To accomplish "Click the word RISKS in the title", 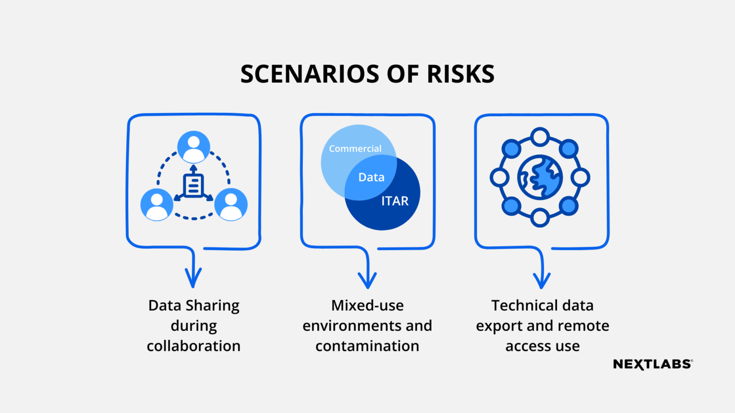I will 460,74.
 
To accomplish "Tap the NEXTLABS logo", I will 653,364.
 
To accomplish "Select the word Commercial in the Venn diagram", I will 355,149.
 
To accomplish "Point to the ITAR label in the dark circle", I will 395,201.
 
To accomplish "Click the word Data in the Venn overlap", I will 371,177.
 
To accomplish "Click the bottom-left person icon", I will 156,204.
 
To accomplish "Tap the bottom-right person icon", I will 231,204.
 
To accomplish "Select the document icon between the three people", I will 194,185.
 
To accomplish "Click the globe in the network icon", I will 540,177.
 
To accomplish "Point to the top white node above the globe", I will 540,137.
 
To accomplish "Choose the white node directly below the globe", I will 540,217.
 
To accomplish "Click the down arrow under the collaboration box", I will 193,276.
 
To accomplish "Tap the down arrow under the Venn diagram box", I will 367,277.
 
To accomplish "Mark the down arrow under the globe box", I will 542,277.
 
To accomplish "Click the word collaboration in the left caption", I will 194,346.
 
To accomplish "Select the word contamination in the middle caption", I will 367,346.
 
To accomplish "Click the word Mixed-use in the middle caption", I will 367,305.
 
